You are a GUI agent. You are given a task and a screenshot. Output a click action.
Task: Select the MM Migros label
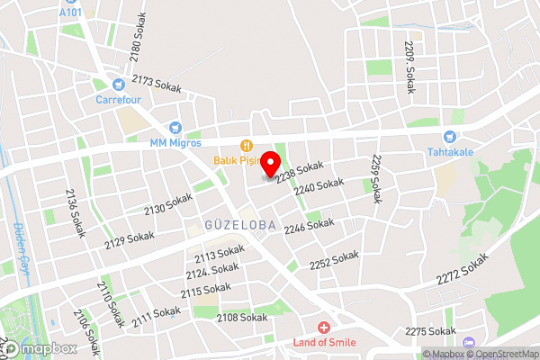pos(175,142)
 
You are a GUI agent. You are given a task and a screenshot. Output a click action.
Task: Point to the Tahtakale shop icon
pos(446,137)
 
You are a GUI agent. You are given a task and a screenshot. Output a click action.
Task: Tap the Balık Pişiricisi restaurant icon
pos(245,146)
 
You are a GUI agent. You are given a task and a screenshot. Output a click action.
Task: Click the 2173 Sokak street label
pos(156,85)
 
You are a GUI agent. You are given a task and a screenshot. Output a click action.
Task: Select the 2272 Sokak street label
pos(463,269)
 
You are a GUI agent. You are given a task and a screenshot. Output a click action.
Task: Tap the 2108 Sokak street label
pos(242,317)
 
